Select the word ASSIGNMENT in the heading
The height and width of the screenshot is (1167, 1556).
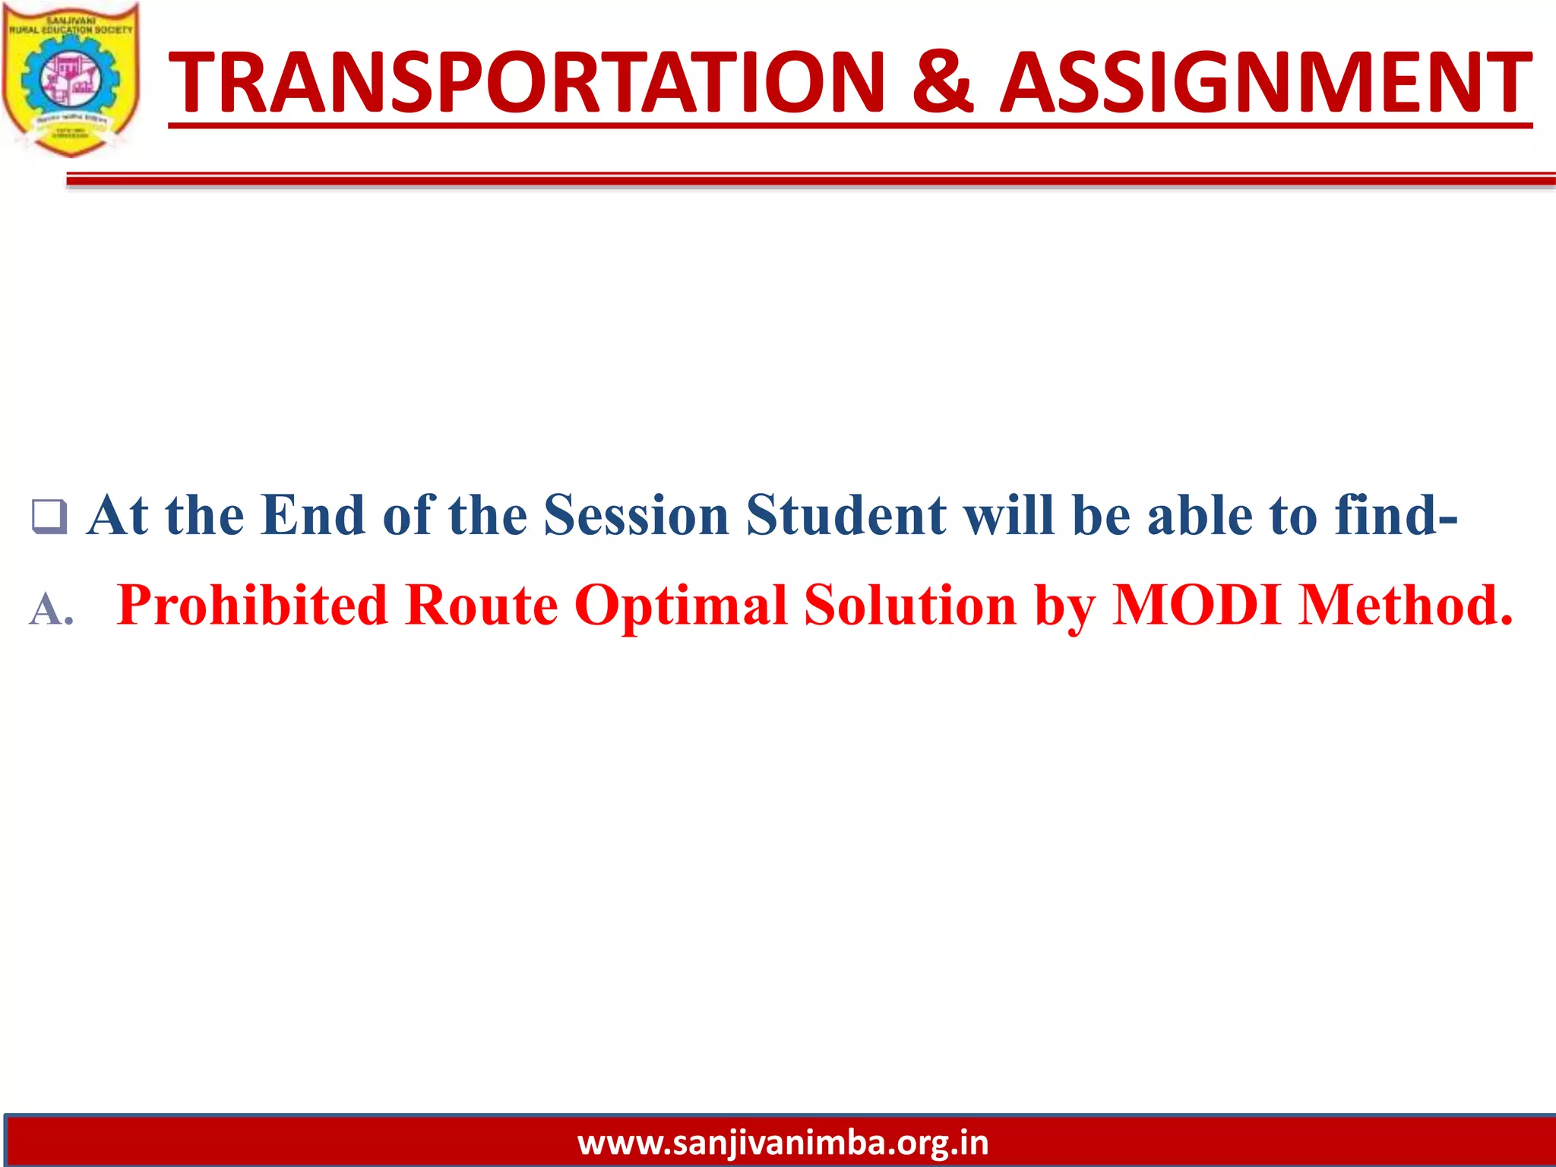pos(1265,82)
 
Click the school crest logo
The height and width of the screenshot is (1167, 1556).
pos(71,79)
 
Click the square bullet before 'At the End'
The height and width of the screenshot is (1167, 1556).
pos(49,517)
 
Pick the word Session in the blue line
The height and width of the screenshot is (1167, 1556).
pos(637,516)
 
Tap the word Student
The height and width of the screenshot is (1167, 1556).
pos(846,516)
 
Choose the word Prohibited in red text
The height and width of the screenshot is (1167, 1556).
pos(252,606)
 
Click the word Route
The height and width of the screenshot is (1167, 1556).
pos(481,606)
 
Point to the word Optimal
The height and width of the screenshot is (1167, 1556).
pos(680,606)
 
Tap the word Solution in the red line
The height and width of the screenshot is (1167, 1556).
pos(909,606)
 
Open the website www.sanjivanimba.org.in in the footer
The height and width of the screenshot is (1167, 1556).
pos(783,1143)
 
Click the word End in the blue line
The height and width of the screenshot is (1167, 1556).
pos(312,516)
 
